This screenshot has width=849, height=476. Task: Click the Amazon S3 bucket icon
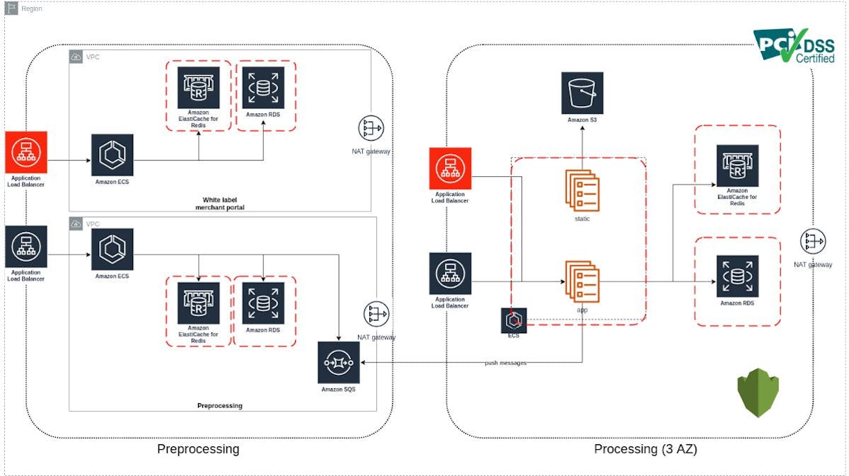582,93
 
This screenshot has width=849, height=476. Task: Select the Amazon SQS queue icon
339,363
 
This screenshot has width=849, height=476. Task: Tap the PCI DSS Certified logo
793,46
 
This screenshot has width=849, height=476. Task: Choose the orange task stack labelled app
582,281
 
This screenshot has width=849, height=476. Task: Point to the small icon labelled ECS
514,320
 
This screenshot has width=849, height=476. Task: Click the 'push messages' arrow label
505,363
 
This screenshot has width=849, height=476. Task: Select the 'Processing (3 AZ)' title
645,448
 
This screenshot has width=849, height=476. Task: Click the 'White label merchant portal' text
219,203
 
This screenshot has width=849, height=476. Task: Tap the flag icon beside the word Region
12,8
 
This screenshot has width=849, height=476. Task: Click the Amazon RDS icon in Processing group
737,277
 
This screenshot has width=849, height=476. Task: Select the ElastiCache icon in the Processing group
737,166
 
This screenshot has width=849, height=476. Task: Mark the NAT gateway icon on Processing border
813,241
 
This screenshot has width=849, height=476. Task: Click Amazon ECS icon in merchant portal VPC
112,156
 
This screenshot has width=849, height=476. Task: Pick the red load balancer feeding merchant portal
26,151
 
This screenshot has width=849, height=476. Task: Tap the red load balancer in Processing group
450,168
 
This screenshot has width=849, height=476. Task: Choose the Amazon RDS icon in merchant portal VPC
262,88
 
